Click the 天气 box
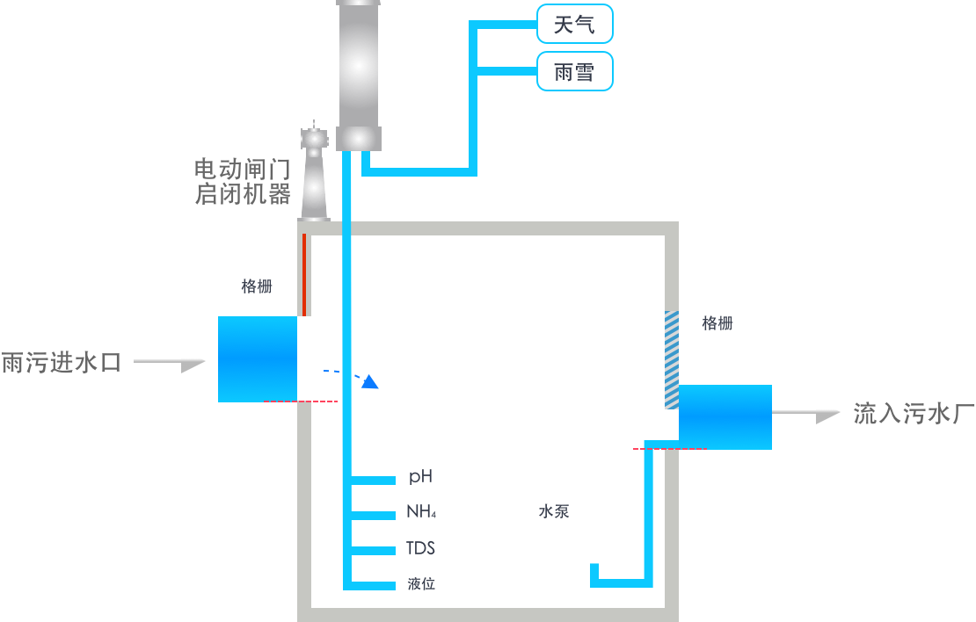click(x=574, y=24)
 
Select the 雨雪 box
click(x=574, y=71)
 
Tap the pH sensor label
click(x=421, y=477)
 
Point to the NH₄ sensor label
click(x=421, y=511)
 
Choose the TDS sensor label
click(x=421, y=548)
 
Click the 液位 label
click(x=421, y=583)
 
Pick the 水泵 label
click(x=554, y=511)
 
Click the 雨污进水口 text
click(x=61, y=363)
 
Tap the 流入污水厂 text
click(x=914, y=414)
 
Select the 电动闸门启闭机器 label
click(x=243, y=182)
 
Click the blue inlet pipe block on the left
click(x=257, y=359)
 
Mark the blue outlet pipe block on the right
click(x=725, y=416)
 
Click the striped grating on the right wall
click(x=672, y=360)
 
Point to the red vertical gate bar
click(x=304, y=274)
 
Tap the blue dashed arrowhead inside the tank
click(x=371, y=381)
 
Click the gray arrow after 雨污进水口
click(x=170, y=364)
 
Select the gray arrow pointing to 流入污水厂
click(x=806, y=415)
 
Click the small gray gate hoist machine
click(x=314, y=171)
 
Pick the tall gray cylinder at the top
click(x=359, y=76)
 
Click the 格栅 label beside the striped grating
click(x=717, y=322)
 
